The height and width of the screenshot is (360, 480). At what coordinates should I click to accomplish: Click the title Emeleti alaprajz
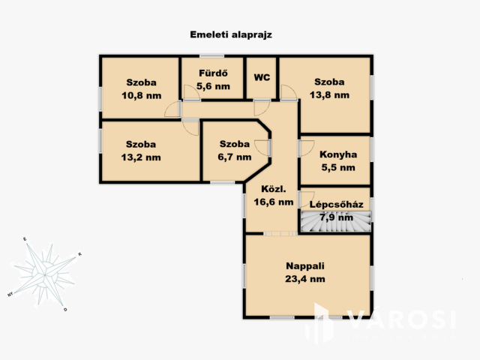pos(231,34)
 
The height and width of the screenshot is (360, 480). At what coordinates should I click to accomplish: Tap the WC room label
pos(262,77)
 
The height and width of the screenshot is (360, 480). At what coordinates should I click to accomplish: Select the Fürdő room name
pos(213,73)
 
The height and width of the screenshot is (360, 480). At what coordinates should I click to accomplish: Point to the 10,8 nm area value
pos(142,96)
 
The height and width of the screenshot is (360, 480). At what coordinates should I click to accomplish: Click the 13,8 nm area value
pos(329,95)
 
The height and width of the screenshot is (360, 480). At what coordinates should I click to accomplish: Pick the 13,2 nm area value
pos(141,157)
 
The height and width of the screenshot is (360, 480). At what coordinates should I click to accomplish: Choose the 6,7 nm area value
pos(235,157)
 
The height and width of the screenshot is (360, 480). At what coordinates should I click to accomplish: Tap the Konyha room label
pos(338,154)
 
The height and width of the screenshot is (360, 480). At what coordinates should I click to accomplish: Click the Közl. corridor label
pos(274,189)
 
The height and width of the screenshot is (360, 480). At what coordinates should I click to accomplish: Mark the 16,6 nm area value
pos(274,202)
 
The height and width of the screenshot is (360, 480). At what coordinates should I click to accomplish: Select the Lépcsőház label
pos(337,205)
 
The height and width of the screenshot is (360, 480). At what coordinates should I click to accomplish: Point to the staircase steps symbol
pos(336,221)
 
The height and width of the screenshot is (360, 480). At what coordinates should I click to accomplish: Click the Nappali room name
pos(305,266)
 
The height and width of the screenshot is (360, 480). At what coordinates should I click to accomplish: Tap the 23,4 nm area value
pos(305,279)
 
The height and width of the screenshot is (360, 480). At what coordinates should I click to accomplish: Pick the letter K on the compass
pos(80,254)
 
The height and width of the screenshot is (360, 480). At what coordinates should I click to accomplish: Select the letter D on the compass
pos(65,310)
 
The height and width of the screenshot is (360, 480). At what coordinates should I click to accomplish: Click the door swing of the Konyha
pos(307,148)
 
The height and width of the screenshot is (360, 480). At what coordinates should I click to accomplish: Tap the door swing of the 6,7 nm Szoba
pos(262,148)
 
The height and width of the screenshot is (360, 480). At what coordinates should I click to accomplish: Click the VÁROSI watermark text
pos(401,319)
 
